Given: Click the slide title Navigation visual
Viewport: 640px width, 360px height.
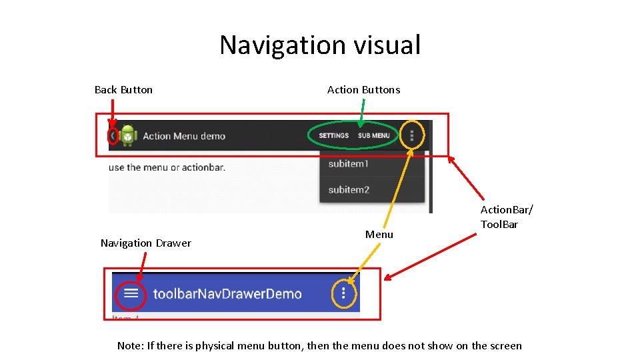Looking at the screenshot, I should (320, 45).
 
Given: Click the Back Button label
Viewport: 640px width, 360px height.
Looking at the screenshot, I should (123, 90).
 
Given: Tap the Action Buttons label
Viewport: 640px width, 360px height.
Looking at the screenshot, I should (363, 90).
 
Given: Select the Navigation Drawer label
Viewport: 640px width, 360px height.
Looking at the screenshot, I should (145, 243).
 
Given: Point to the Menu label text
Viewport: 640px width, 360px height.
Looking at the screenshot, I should (379, 235).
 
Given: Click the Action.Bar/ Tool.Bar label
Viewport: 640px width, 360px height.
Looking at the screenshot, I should (507, 217).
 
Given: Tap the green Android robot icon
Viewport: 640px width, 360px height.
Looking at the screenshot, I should (129, 136).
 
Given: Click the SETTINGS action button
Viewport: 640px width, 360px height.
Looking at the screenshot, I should (333, 136).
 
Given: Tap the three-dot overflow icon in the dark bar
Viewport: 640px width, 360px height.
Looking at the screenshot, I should (412, 136).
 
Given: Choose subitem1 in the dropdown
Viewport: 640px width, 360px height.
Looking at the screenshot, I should (349, 164).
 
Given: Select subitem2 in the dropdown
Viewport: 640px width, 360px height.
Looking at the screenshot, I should (349, 190).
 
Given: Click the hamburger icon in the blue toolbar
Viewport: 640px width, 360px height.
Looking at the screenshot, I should (131, 293).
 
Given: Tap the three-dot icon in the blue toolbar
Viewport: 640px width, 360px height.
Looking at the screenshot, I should (343, 293).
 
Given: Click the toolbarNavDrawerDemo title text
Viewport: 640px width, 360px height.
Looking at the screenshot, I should (227, 293).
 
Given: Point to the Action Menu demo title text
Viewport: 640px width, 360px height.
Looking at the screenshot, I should (184, 136).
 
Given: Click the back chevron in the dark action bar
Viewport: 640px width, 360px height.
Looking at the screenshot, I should (113, 136).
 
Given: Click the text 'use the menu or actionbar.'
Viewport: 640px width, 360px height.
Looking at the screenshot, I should (167, 167).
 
